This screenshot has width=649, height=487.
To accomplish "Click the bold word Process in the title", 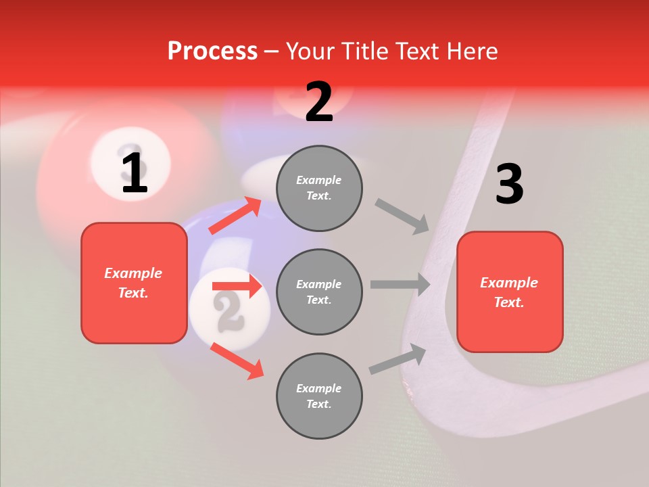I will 212,51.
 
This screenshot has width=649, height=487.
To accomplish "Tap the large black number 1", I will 135,174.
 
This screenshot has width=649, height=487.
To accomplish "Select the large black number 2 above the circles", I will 319,102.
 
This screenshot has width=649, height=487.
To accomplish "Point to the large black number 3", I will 509,185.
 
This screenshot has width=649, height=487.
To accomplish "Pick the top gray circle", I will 319,188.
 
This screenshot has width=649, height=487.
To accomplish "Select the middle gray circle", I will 319,292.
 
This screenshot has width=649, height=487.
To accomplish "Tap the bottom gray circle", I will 319,396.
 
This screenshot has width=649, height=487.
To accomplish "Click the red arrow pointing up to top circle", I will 235,215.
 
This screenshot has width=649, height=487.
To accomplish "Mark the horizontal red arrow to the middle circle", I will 237,286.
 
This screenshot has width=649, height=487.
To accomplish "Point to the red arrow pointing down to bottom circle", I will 237,361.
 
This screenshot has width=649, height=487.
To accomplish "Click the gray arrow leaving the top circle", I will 402,216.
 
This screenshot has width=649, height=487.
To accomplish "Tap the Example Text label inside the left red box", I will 133,283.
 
